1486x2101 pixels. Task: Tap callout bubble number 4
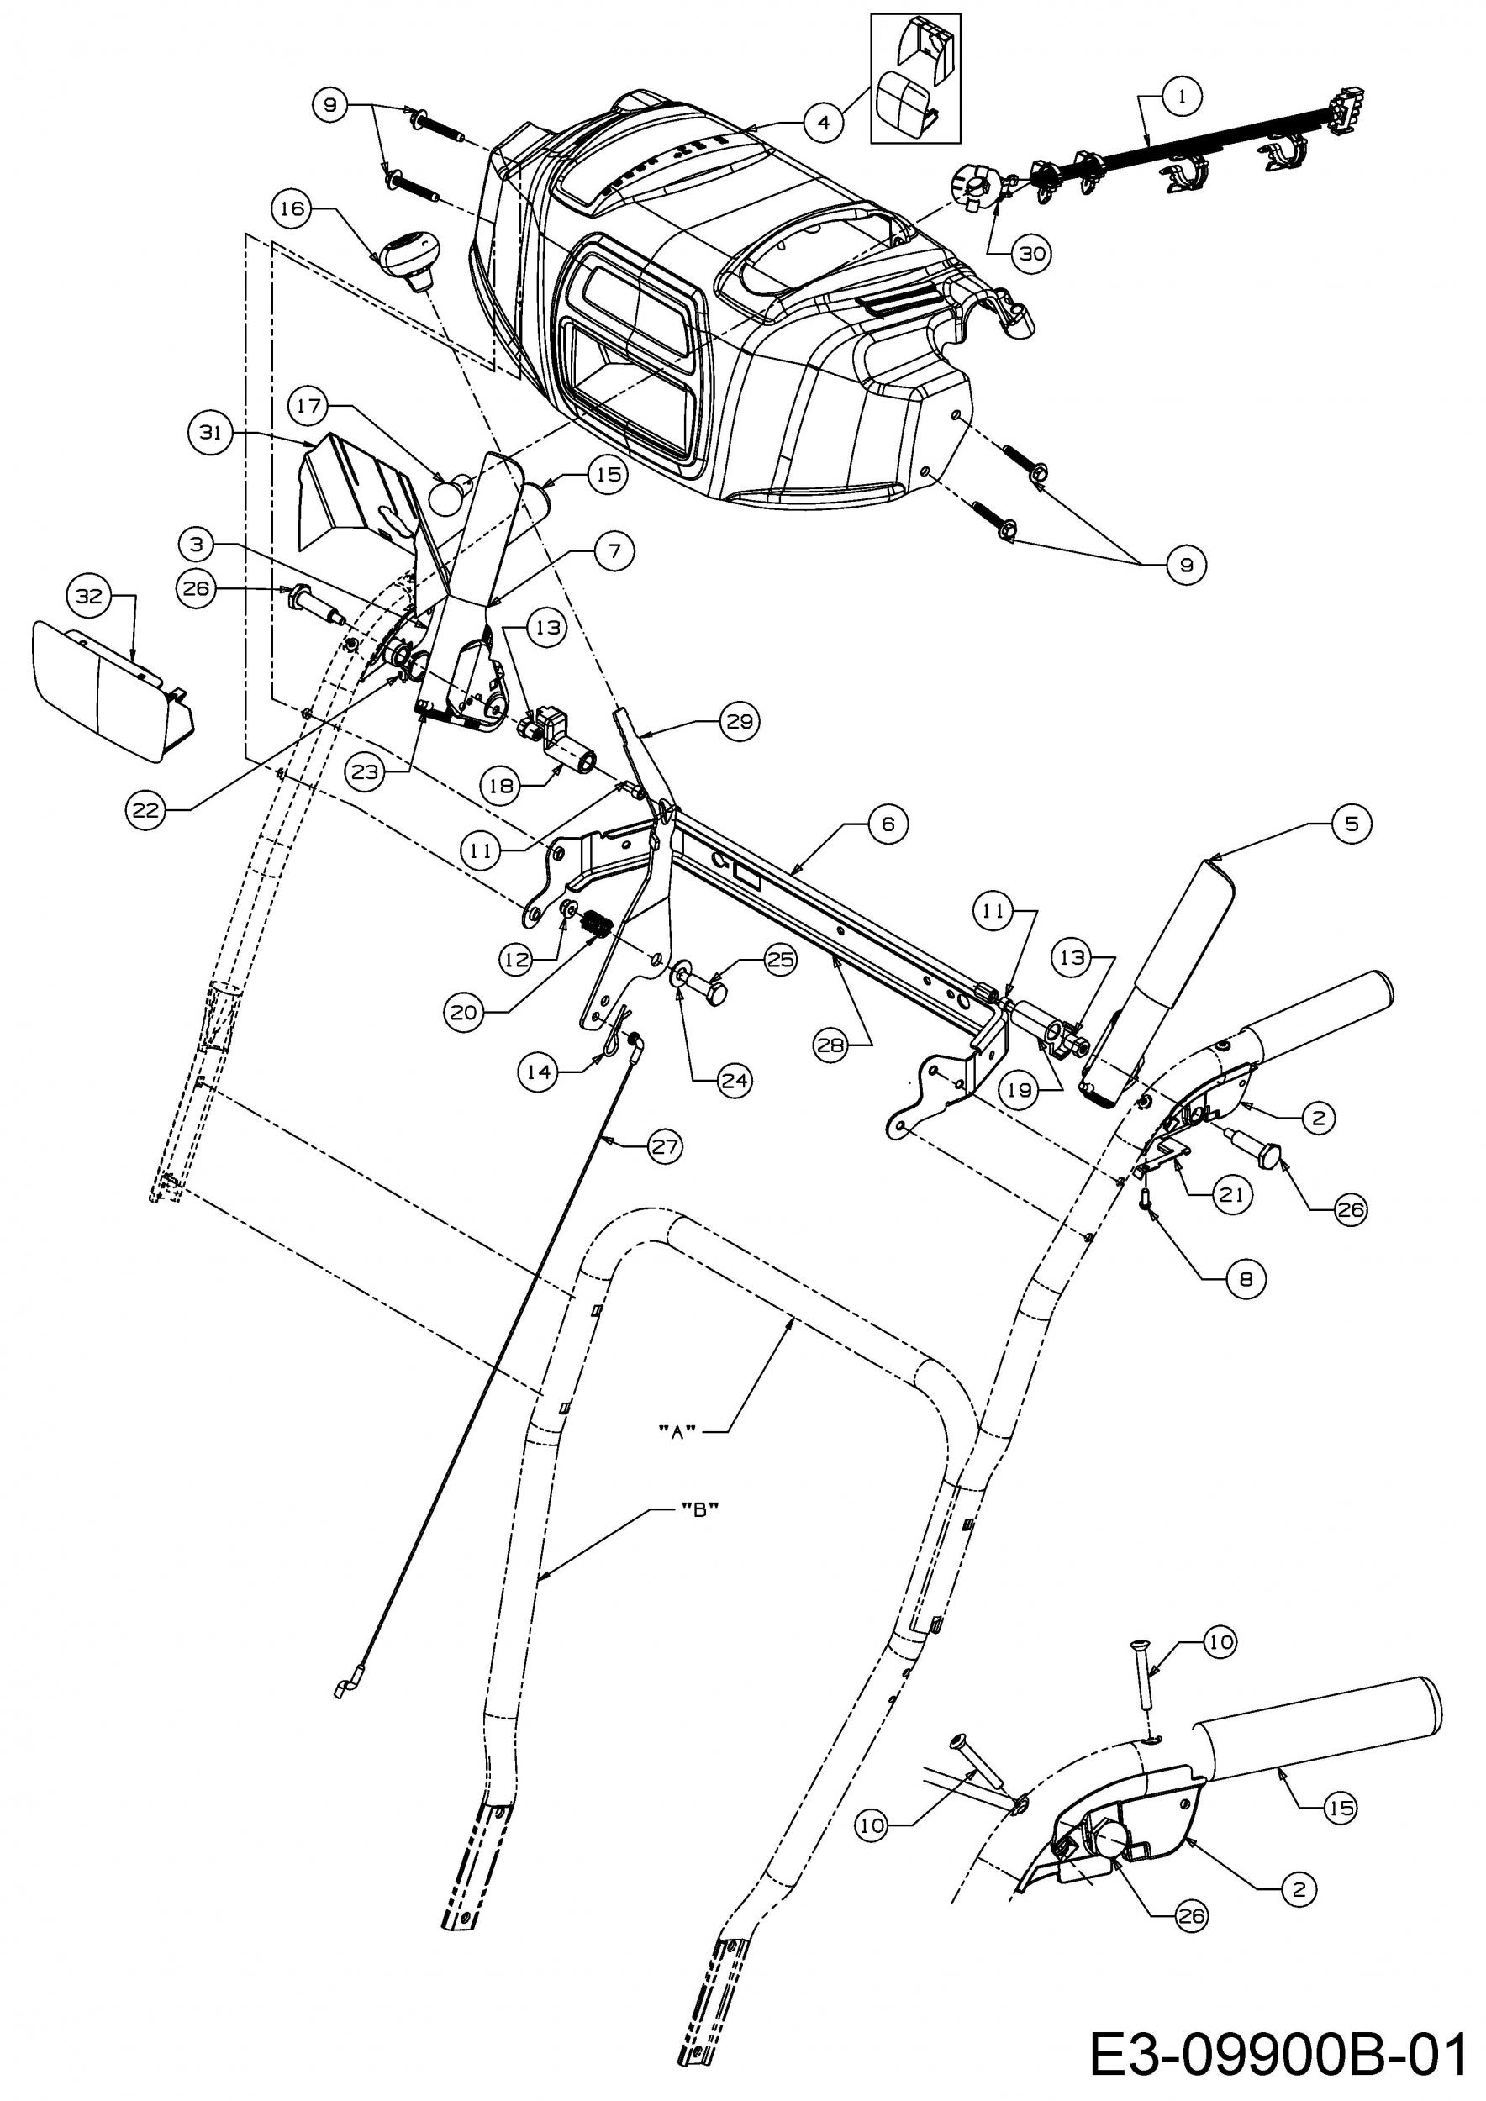pos(825,121)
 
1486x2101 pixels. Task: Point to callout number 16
pos(292,208)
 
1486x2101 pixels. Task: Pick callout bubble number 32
pos(89,597)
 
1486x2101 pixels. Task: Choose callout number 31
pos(210,432)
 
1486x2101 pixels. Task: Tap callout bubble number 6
pos(888,824)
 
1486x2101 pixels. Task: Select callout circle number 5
pos(1352,823)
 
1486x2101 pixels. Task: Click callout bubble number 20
pos(465,1013)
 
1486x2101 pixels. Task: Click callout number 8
pos(1246,1278)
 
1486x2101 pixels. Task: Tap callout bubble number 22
pos(145,810)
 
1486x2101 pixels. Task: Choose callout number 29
pos(740,721)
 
